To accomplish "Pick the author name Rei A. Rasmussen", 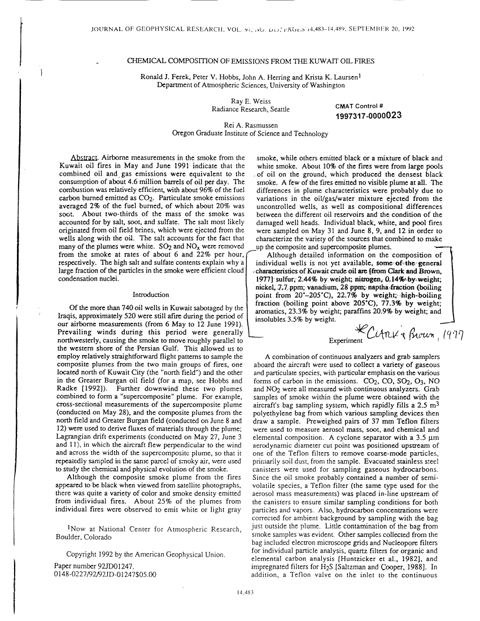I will [x=250, y=126].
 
